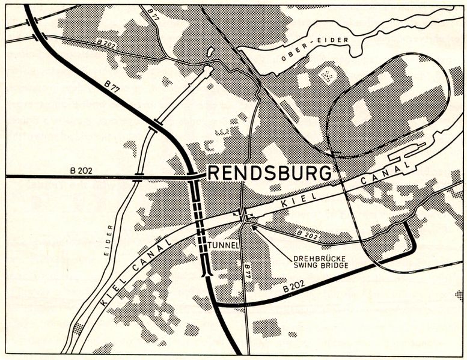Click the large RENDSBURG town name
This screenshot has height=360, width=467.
coord(269,173)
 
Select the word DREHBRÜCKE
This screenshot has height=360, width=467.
coord(313,261)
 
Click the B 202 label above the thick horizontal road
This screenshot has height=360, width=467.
coord(81,171)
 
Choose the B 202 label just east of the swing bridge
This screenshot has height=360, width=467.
coord(306,234)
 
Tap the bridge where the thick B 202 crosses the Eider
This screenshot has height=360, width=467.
coord(138,177)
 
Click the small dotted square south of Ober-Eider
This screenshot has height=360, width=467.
coord(328,76)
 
